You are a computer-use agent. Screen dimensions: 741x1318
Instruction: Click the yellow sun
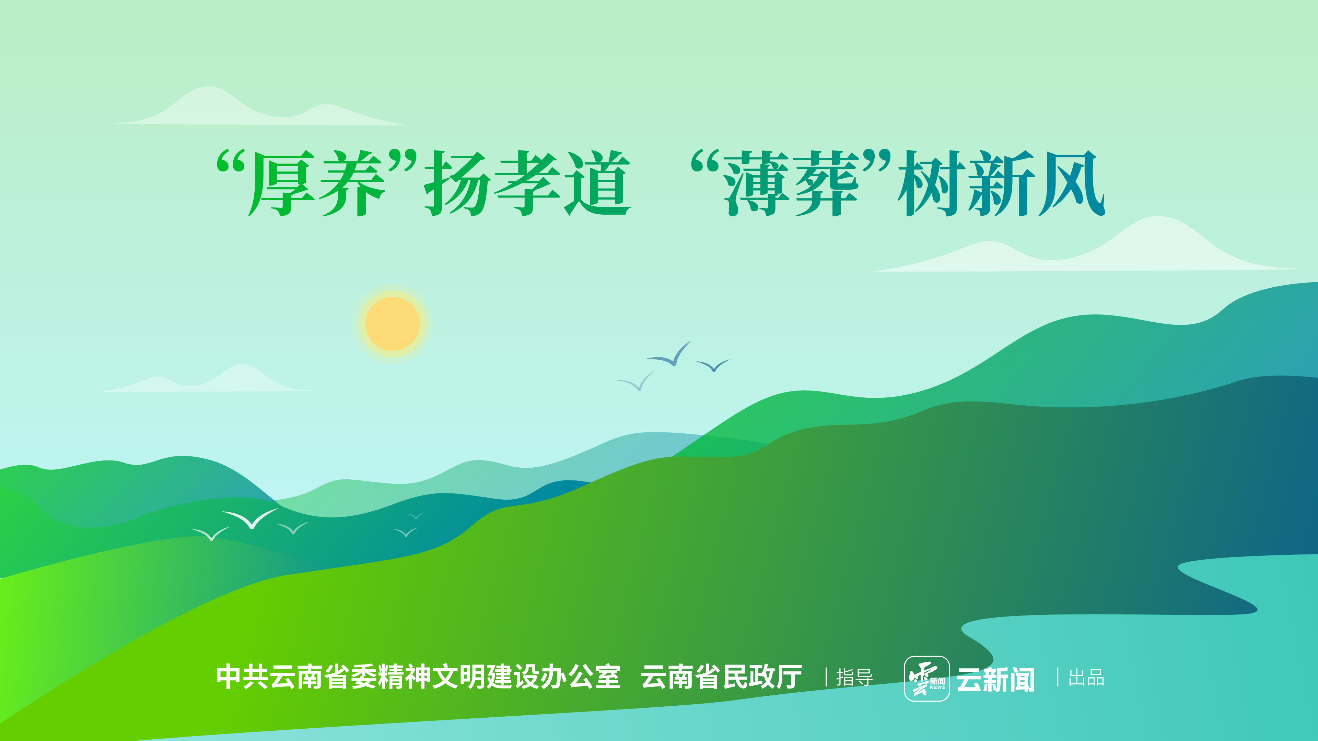(x=393, y=324)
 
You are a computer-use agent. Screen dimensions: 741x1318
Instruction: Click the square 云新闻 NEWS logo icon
(x=926, y=678)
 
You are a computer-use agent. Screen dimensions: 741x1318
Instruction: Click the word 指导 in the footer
(x=854, y=678)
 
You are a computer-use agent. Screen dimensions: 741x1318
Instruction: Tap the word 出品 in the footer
(x=1086, y=678)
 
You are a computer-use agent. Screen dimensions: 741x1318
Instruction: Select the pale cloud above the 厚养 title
(x=256, y=110)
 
